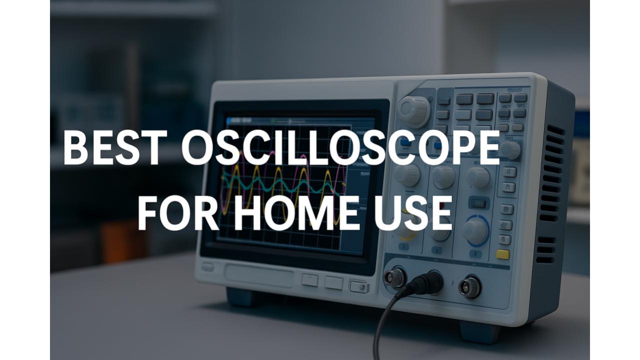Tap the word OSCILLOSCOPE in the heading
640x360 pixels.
coord(340,147)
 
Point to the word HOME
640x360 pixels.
coord(296,213)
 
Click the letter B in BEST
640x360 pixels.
coord(75,147)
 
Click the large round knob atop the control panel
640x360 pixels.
coord(414,112)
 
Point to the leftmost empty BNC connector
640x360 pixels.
coord(395,276)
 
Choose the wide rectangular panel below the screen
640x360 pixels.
coord(259,275)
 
